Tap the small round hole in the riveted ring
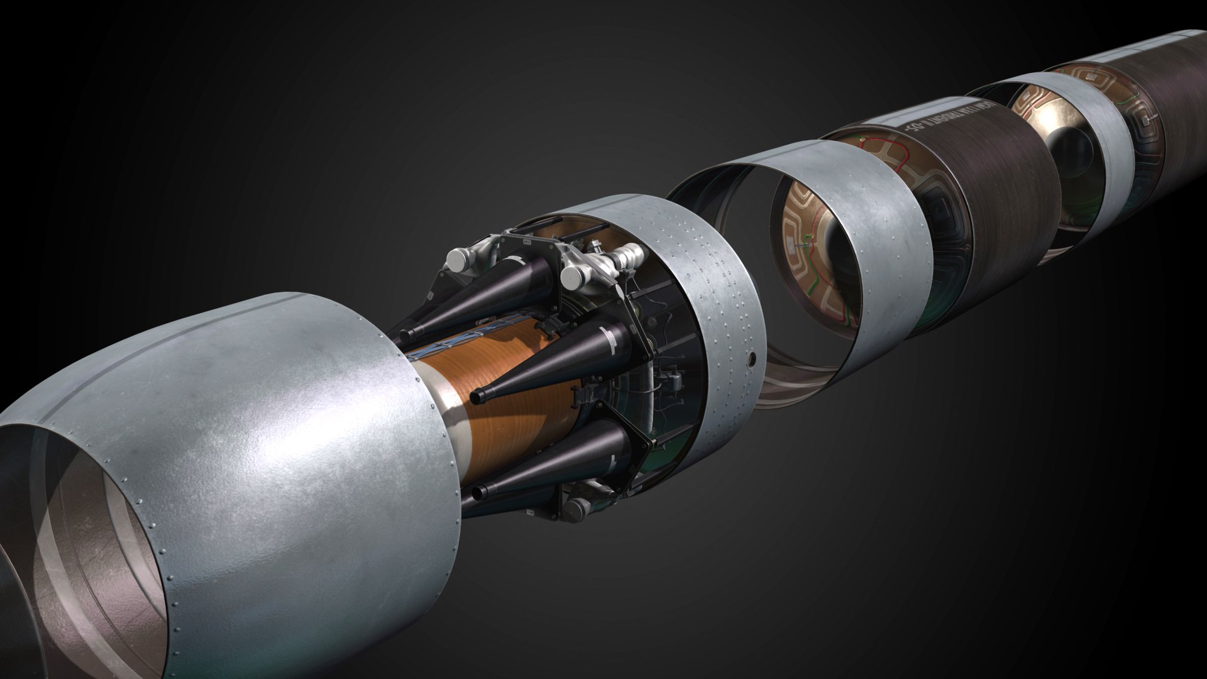[x=751, y=360]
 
